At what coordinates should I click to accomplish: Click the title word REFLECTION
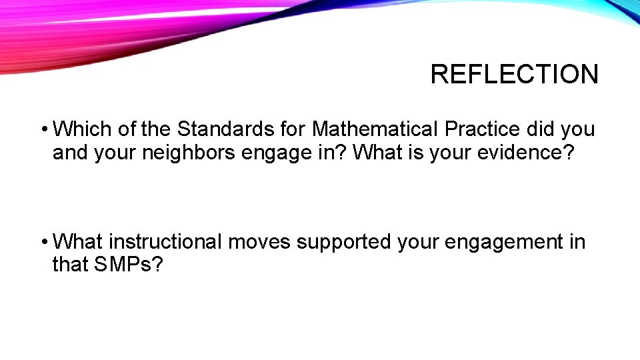pyautogui.click(x=514, y=74)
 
